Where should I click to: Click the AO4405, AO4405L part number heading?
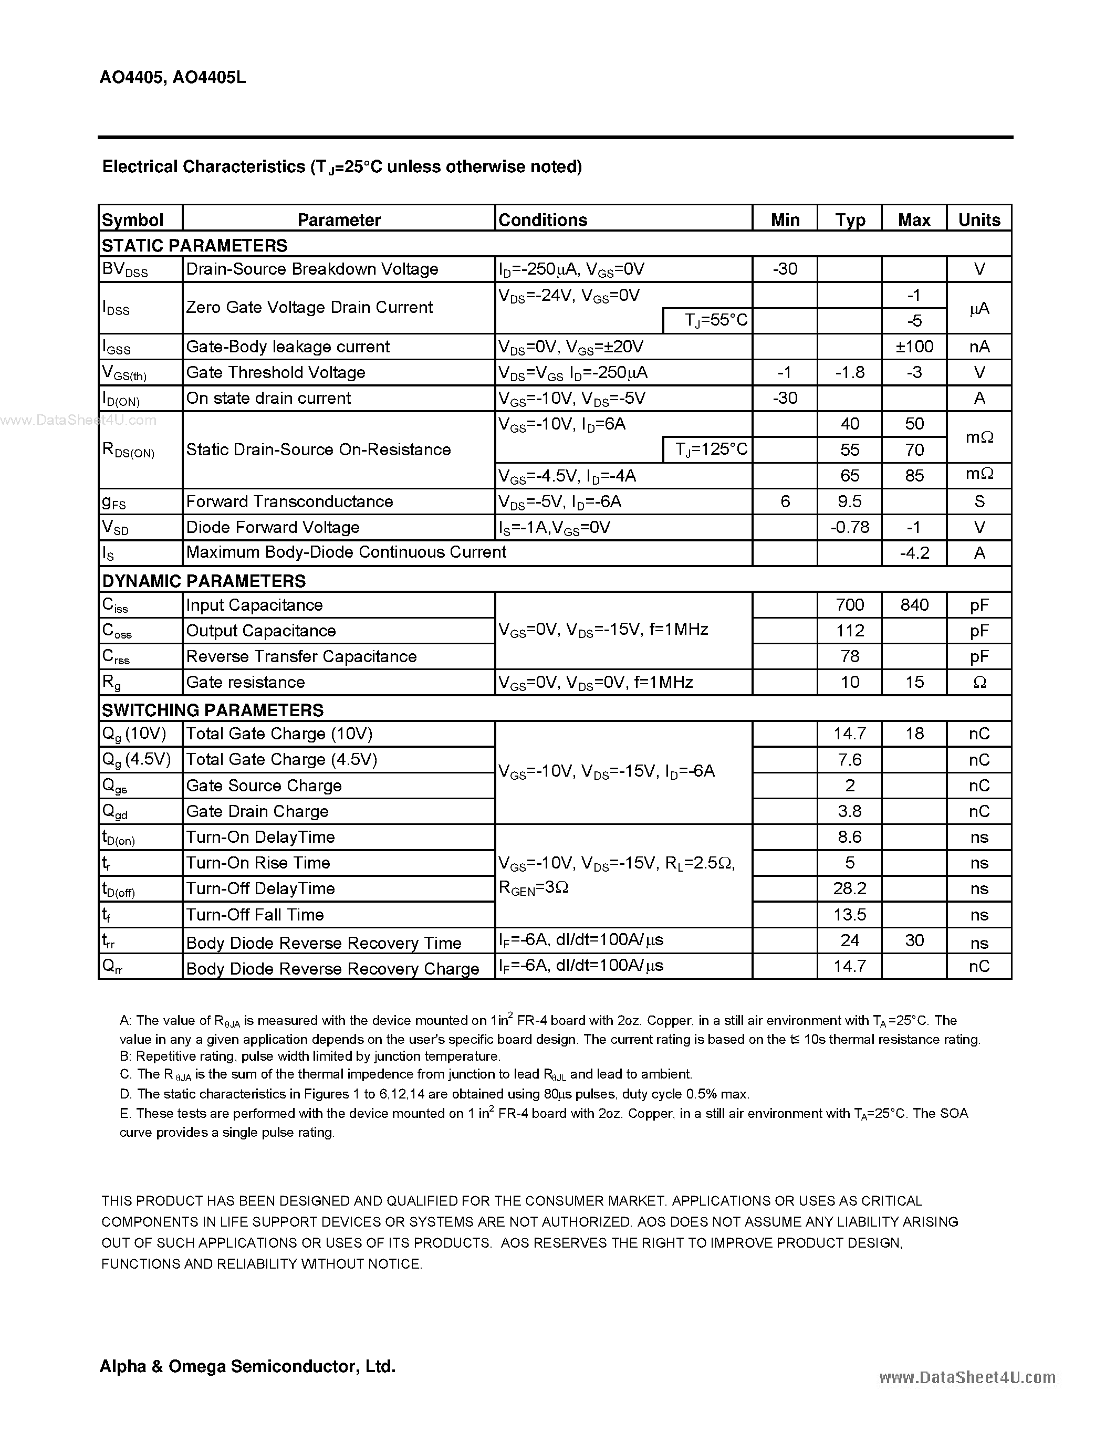point(173,77)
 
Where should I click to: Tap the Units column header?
point(978,219)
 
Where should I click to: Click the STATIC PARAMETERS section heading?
point(194,245)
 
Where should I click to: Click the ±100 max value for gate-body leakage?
point(914,347)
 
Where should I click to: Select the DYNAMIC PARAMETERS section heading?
point(204,581)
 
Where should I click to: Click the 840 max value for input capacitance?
point(914,604)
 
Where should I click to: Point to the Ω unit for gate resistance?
point(978,682)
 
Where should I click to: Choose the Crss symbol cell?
point(117,656)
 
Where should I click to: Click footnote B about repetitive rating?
point(309,1056)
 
